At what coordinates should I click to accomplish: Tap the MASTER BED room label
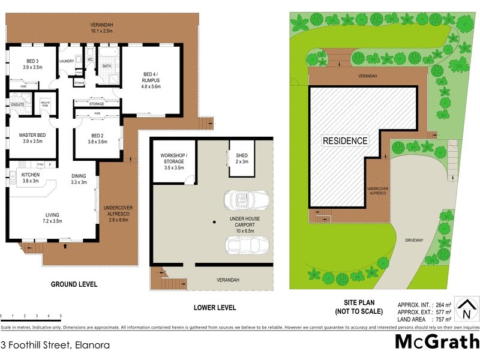tap(33, 135)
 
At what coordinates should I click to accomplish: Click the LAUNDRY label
tap(67, 61)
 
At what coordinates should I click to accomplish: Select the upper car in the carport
tap(246, 200)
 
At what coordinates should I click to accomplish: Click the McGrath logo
tap(437, 341)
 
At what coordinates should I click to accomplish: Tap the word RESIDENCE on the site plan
tap(345, 141)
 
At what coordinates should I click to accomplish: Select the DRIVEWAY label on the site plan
tap(414, 240)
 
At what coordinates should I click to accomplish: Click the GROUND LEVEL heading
tap(74, 284)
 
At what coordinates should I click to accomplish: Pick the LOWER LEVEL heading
tap(215, 308)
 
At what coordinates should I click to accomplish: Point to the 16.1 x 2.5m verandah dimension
tap(101, 31)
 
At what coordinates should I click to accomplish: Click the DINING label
tap(79, 178)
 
